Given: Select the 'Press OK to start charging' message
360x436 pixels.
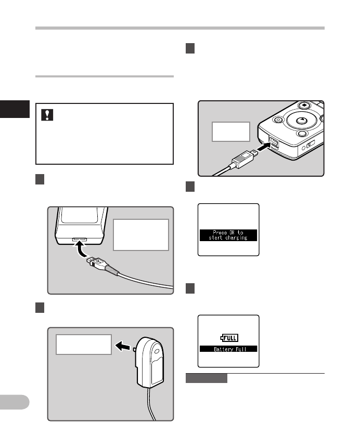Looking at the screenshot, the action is tap(228, 234).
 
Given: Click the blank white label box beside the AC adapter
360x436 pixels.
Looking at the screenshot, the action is tap(84, 345).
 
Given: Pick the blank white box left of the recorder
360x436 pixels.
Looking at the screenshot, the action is tap(231, 132).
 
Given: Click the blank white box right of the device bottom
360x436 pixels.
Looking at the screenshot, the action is tap(141, 234).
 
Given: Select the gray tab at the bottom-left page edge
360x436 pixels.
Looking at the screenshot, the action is tap(15, 402).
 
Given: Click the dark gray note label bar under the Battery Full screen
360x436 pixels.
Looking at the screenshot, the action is tap(206, 378).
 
